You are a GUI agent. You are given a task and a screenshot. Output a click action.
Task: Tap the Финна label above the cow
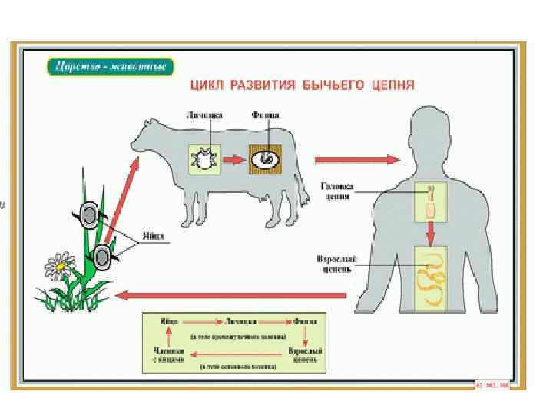coord(265,115)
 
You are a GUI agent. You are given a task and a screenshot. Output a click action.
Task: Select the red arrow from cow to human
coord(356,160)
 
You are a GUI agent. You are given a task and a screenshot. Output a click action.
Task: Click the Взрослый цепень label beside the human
coord(335,264)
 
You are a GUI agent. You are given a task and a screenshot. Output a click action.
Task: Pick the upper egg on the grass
coord(90,214)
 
